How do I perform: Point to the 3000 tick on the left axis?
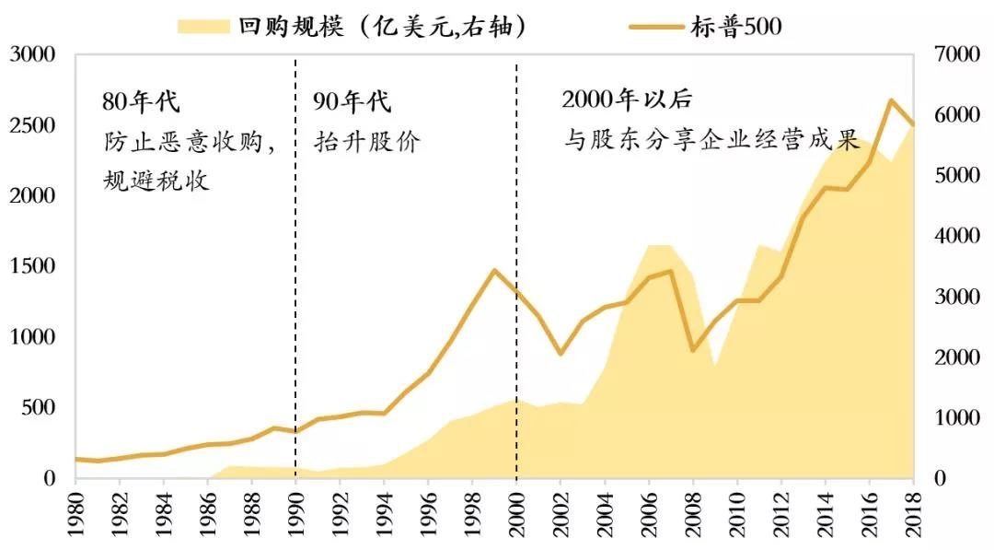[32, 55]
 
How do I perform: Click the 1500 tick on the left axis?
[32, 267]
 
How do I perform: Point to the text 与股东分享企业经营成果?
[711, 141]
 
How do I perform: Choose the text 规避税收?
[156, 180]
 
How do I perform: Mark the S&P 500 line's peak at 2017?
[891, 99]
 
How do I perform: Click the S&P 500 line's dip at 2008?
[693, 351]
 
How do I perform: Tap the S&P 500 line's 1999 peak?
[494, 270]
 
